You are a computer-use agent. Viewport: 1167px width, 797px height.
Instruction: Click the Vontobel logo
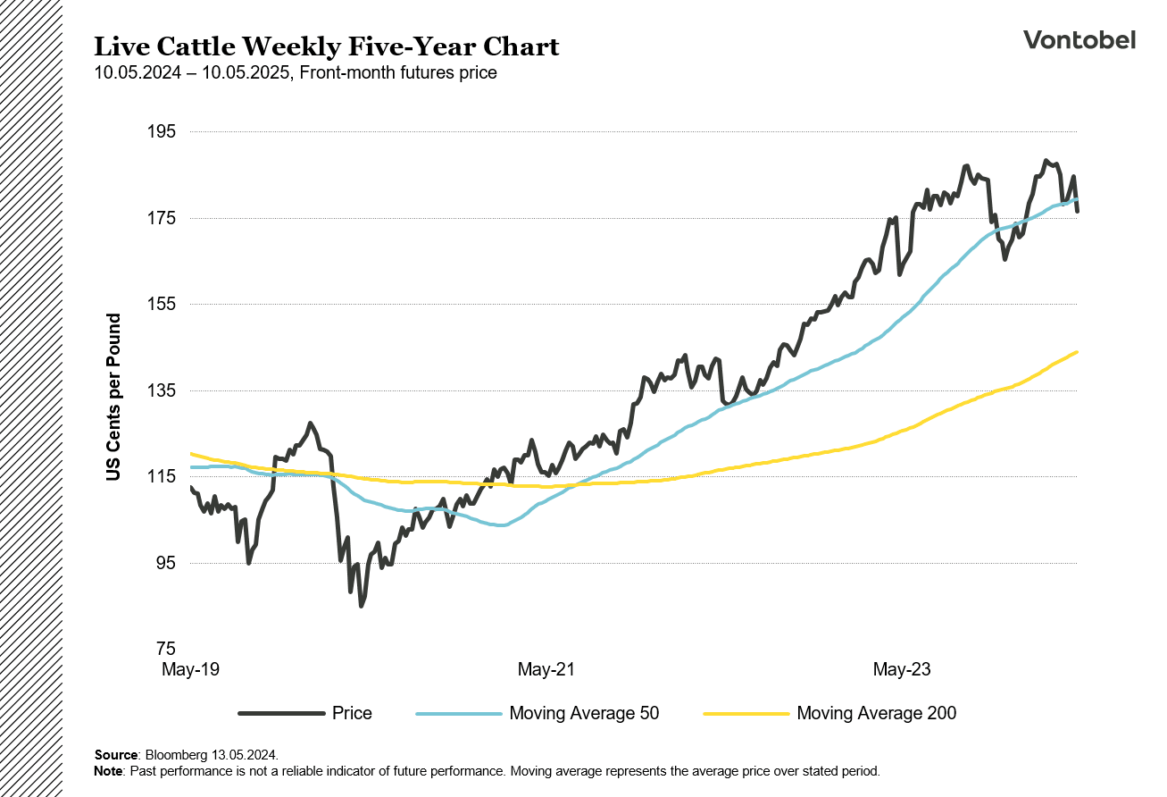click(1079, 39)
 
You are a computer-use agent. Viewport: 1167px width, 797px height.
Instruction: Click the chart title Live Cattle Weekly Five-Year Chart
click(327, 46)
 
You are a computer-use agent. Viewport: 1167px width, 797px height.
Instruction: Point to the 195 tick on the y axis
click(162, 132)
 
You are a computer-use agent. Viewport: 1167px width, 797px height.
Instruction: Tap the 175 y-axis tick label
click(162, 219)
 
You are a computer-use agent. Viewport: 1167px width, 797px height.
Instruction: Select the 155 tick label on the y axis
click(162, 305)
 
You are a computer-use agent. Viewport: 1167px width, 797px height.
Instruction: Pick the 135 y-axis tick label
click(162, 390)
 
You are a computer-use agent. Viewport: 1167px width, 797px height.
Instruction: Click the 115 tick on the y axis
click(162, 477)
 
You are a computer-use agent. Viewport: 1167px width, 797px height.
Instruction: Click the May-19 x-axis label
click(190, 669)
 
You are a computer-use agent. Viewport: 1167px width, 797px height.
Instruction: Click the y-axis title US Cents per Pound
click(113, 398)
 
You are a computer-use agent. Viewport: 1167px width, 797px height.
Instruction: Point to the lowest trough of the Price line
click(362, 606)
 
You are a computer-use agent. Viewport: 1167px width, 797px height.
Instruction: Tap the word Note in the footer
click(108, 769)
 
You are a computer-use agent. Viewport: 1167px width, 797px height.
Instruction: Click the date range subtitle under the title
click(296, 73)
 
